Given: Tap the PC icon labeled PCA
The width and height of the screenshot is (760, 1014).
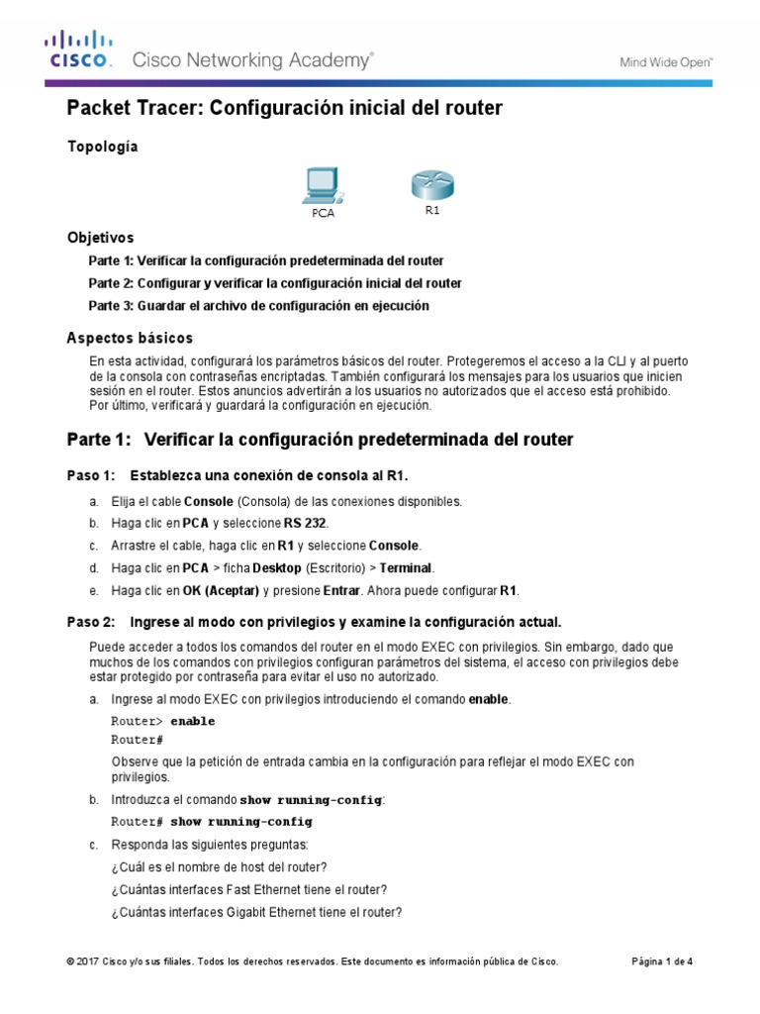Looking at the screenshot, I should [x=323, y=184].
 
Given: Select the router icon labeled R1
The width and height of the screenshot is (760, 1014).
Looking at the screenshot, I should [x=431, y=185].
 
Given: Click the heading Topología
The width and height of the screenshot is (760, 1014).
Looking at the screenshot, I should [x=102, y=147].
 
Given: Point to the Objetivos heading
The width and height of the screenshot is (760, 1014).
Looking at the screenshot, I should [x=100, y=238].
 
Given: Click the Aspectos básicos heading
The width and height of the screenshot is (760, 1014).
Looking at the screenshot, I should [x=130, y=338].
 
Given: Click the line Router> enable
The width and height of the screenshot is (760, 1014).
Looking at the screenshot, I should [x=162, y=721].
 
